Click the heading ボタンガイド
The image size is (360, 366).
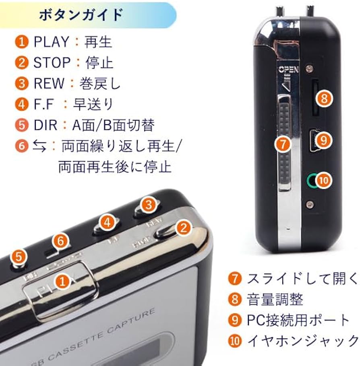click(x=81, y=15)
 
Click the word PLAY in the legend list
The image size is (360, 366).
click(x=51, y=42)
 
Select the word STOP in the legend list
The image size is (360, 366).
click(x=52, y=63)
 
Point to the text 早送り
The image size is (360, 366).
click(x=93, y=105)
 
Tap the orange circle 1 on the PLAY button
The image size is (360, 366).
click(x=62, y=281)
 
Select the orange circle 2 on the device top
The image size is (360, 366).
click(x=183, y=228)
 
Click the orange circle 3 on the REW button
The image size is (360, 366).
click(x=149, y=205)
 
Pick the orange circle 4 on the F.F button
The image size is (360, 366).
click(x=107, y=222)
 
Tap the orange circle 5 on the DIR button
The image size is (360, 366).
click(x=21, y=256)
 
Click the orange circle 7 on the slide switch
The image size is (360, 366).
click(x=284, y=144)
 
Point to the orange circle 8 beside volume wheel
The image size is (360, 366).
click(x=325, y=98)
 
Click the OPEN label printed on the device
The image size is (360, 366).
click(x=288, y=70)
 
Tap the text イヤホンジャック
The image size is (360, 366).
click(x=302, y=341)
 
